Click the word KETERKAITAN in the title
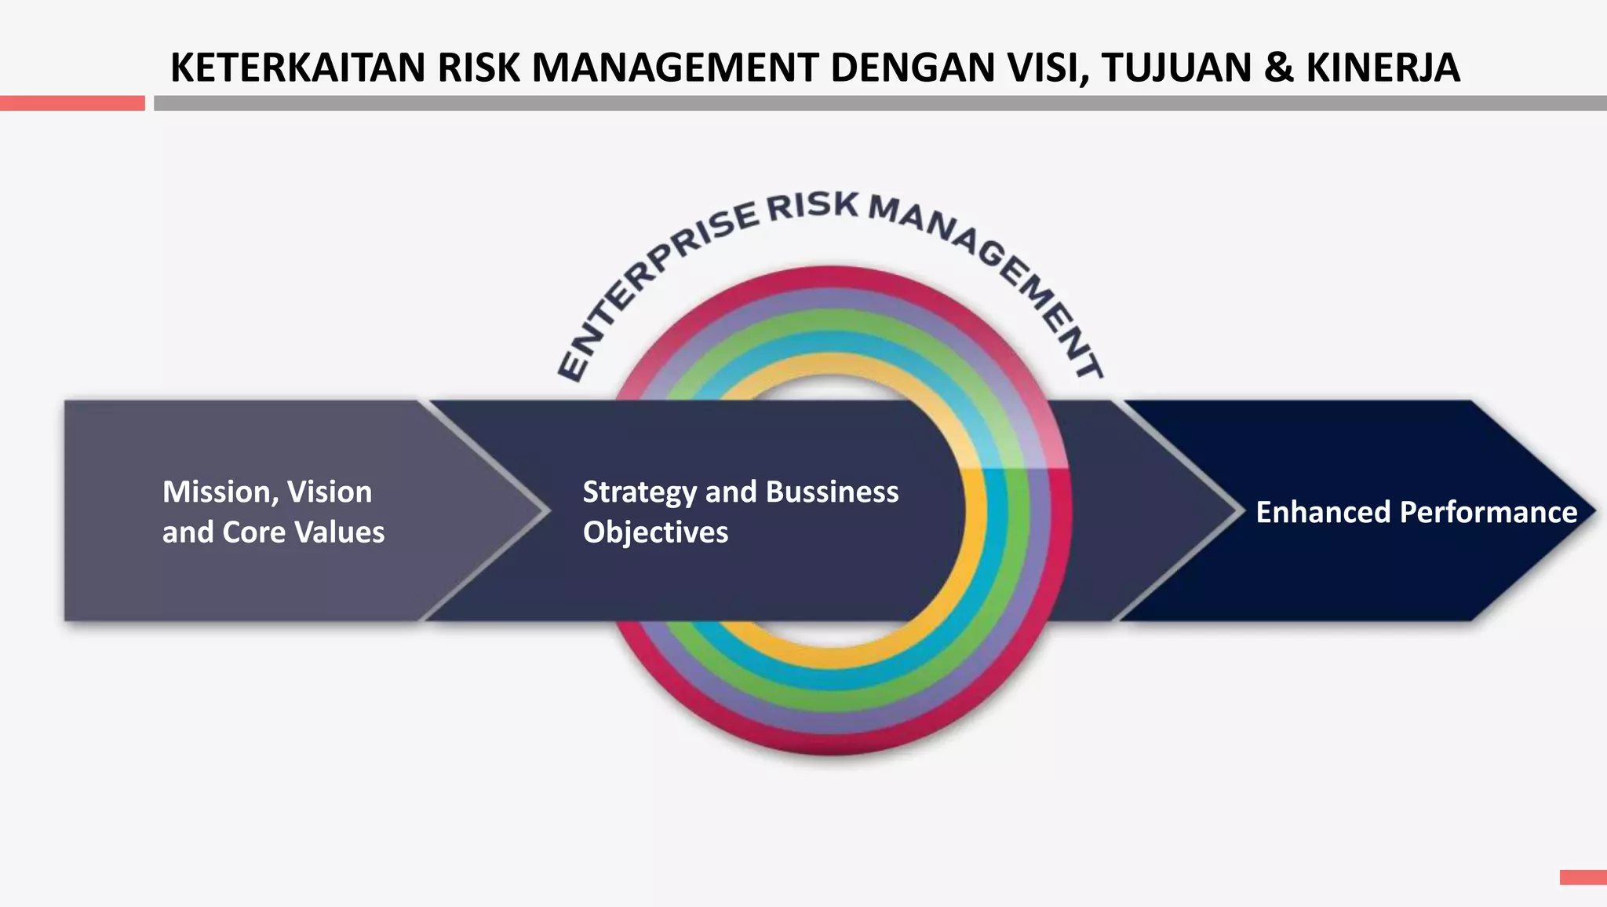pyautogui.click(x=299, y=68)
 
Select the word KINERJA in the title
pyautogui.click(x=1383, y=68)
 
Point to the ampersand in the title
pyautogui.click(x=1278, y=68)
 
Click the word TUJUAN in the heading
pyautogui.click(x=1176, y=68)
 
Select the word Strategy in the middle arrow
pyautogui.click(x=639, y=492)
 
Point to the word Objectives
pyautogui.click(x=655, y=532)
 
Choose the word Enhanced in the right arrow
pyautogui.click(x=1323, y=512)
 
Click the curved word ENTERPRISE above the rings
pyautogui.click(x=651, y=275)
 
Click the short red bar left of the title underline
pyautogui.click(x=72, y=103)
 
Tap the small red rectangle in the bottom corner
pyautogui.click(x=1583, y=877)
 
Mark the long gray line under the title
pyautogui.click(x=879, y=103)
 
